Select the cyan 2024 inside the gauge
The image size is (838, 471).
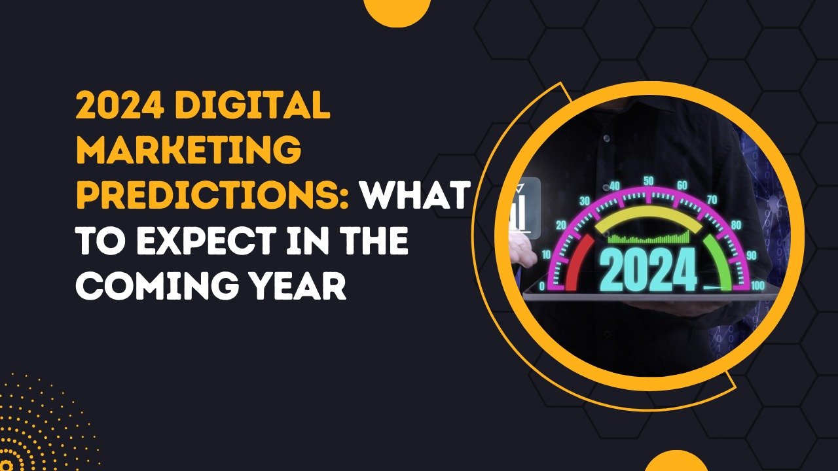pyautogui.click(x=648, y=270)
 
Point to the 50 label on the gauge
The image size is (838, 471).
pyautogui.click(x=648, y=181)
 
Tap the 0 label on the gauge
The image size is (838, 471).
pyautogui.click(x=541, y=287)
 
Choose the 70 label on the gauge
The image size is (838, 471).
pyautogui.click(x=712, y=200)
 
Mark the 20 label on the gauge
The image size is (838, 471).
pyautogui.click(x=561, y=224)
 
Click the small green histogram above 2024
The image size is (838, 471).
pyautogui.click(x=648, y=237)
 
